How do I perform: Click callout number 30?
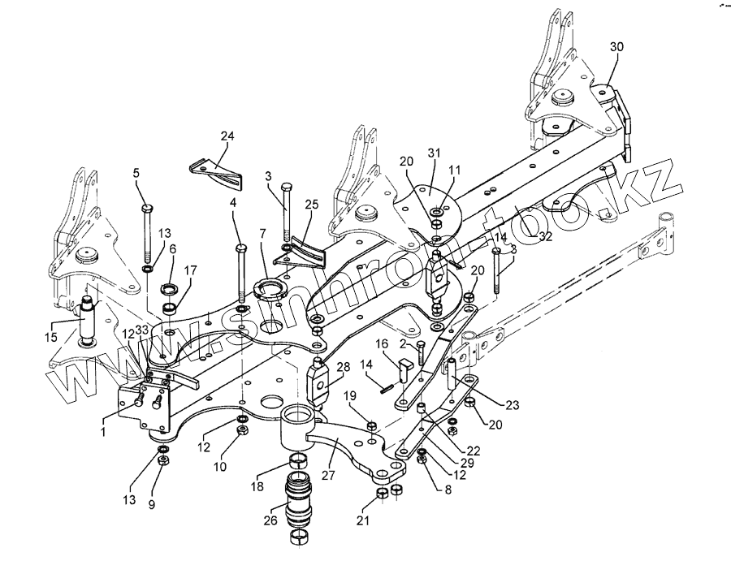(x=616, y=47)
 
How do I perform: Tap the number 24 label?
(x=226, y=136)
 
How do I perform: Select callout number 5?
(x=136, y=172)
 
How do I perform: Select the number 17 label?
(x=191, y=271)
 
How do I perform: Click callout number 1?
(x=104, y=432)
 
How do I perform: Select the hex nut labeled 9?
(x=163, y=462)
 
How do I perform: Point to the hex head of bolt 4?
(x=241, y=247)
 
